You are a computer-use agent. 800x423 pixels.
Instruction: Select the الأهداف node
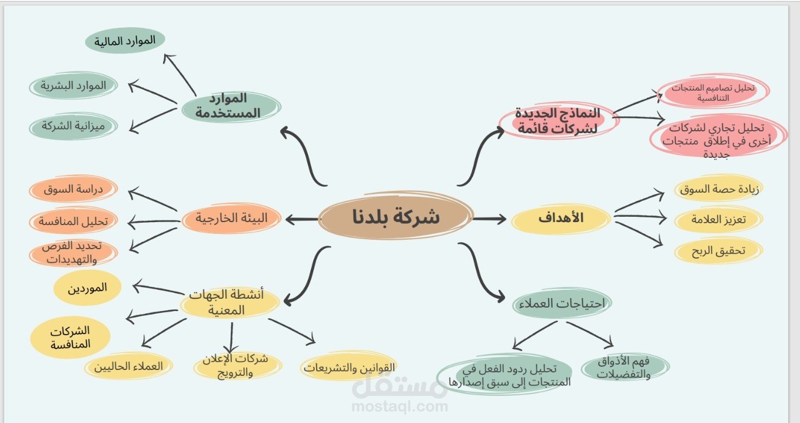pos(560,219)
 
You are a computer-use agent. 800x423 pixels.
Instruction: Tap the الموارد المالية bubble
pos(125,41)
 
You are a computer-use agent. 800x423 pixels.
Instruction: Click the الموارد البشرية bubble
pos(74,85)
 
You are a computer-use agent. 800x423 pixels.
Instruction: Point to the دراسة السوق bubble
pos(74,190)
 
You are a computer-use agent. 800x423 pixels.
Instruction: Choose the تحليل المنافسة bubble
pos(74,222)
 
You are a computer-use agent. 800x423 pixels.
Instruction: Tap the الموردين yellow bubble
pos(88,288)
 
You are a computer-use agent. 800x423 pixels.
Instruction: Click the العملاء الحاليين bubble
pos(128,366)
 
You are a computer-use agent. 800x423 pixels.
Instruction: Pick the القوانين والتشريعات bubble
pos(350,368)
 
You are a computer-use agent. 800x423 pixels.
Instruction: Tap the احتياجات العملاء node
pos(562,304)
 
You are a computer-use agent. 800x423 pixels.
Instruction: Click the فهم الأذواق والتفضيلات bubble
pos(625,368)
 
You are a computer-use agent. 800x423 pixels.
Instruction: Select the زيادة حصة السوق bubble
pos(718,190)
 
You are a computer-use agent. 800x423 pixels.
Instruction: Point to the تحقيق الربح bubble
pos(718,251)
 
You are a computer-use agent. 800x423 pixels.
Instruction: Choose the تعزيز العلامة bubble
pos(719,220)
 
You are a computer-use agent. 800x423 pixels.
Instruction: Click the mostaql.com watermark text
pos(399,407)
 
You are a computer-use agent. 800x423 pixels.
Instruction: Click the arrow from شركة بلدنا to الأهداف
pos(489,219)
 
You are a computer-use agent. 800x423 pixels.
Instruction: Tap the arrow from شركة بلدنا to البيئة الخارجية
pos(301,220)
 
